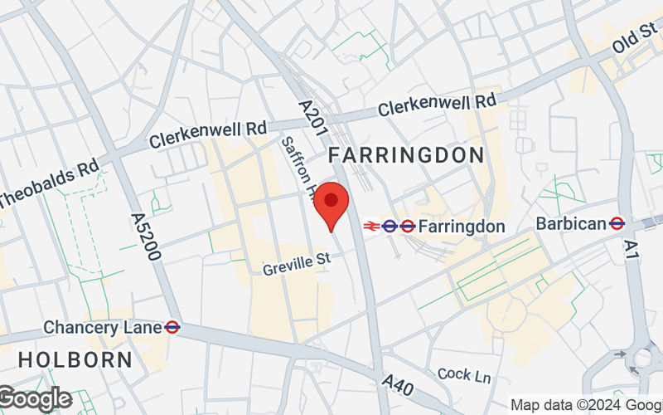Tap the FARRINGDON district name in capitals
pyautogui.click(x=406, y=155)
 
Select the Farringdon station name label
pyautogui.click(x=462, y=226)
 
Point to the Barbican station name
pyautogui.click(x=571, y=223)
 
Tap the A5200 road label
pyautogui.click(x=145, y=237)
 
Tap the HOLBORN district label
pyautogui.click(x=75, y=360)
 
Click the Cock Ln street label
pyautogui.click(x=464, y=375)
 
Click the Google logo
pyautogui.click(x=35, y=399)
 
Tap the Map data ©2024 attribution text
pyautogui.click(x=585, y=405)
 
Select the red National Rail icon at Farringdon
pyautogui.click(x=370, y=225)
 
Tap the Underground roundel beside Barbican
pyautogui.click(x=616, y=223)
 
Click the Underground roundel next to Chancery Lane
pyautogui.click(x=172, y=327)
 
